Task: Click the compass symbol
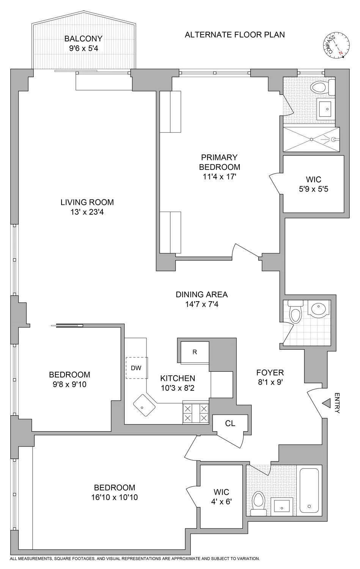(335, 47)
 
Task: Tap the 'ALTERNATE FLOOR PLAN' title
(234, 35)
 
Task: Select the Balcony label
(83, 39)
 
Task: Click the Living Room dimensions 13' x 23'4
(87, 212)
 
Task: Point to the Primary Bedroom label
(220, 162)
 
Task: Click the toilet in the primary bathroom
(321, 88)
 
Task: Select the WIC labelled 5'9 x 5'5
(313, 184)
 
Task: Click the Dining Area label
(201, 294)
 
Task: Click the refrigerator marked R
(195, 352)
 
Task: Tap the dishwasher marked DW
(136, 368)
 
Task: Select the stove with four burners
(196, 413)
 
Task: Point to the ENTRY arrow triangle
(326, 403)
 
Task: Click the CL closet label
(230, 423)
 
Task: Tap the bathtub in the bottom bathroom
(311, 490)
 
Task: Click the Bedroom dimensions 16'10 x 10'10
(114, 497)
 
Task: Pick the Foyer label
(270, 373)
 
